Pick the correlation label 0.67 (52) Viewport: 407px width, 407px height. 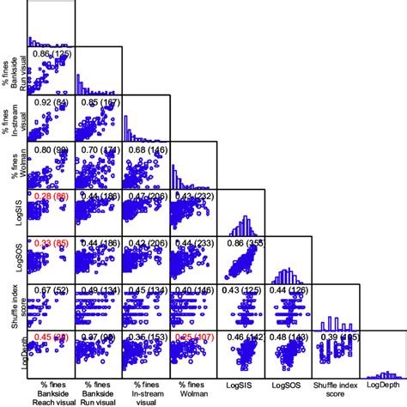(x=51, y=291)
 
